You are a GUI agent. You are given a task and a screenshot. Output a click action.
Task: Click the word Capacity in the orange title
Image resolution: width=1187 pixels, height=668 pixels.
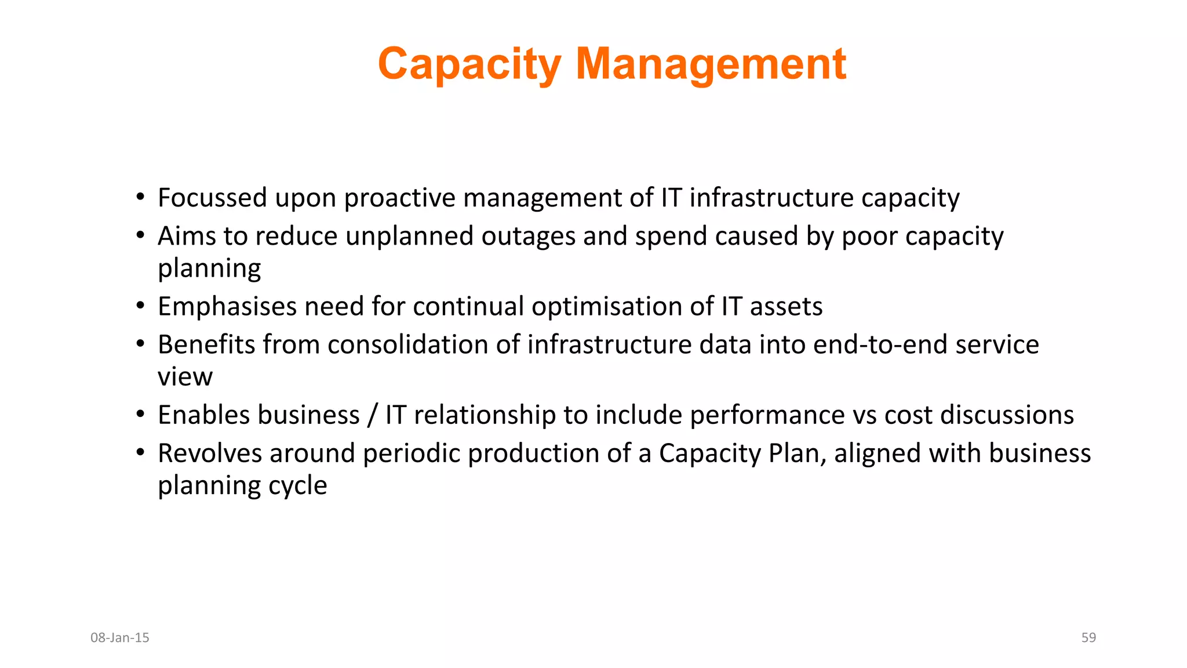(x=469, y=64)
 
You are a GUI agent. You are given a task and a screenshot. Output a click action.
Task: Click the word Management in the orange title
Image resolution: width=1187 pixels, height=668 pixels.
(x=711, y=64)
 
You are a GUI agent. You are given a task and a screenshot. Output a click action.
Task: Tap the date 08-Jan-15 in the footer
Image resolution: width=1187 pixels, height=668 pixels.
(x=120, y=638)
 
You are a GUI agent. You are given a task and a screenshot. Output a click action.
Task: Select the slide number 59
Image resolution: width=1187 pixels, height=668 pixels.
(x=1088, y=638)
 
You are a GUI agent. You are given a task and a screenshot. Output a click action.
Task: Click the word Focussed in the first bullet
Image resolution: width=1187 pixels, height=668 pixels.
(x=212, y=198)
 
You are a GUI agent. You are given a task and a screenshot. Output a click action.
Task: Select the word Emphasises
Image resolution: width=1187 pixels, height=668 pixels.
(x=227, y=306)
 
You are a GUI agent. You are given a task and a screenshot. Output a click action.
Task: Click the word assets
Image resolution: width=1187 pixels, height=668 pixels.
(x=786, y=306)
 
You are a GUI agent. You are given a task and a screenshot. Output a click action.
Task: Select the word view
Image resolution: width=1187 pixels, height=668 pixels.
(x=185, y=377)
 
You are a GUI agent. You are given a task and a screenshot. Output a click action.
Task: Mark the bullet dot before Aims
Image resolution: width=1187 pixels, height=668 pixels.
(x=140, y=235)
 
